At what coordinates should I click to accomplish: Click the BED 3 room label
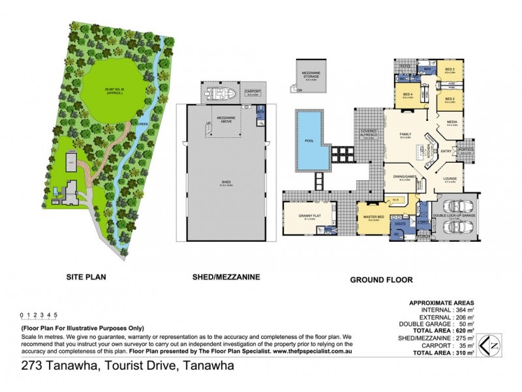(450, 69)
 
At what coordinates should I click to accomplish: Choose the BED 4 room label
(407, 95)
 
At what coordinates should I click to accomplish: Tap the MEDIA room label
(452, 122)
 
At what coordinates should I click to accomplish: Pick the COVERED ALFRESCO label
(370, 135)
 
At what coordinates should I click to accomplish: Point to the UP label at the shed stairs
(209, 123)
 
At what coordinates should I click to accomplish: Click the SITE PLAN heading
(85, 277)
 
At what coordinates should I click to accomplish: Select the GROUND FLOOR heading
(381, 280)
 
